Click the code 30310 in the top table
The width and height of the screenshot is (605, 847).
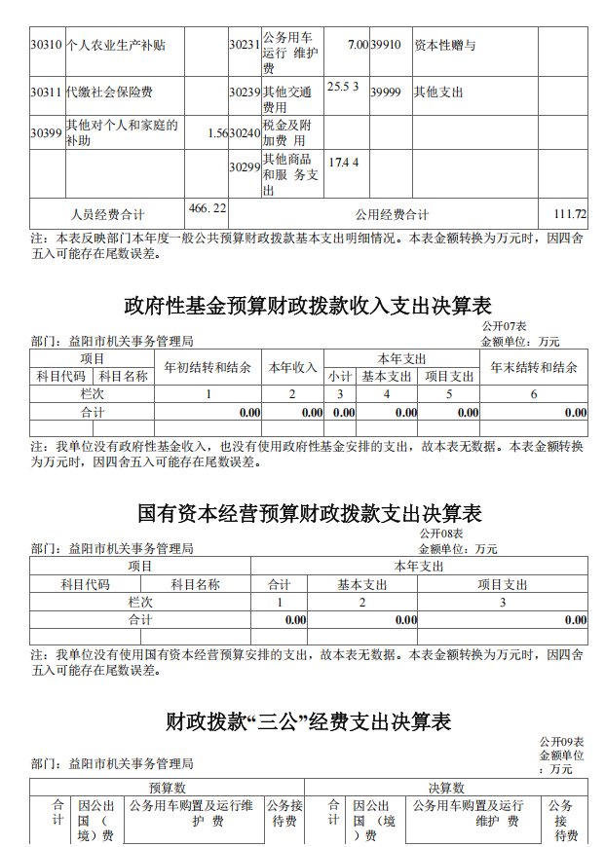pos(46,45)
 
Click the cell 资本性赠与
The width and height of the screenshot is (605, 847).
pos(444,45)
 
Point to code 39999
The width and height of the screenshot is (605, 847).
pos(386,92)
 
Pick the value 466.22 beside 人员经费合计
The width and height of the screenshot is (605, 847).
pos(207,208)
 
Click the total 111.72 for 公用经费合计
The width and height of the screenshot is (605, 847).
pos(569,214)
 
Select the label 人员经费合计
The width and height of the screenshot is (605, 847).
pos(108,214)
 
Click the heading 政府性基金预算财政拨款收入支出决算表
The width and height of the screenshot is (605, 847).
pos(308,306)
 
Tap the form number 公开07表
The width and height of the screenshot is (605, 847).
pos(505,326)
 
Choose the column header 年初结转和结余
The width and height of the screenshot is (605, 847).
pos(208,367)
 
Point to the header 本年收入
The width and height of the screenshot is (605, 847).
pos(293,367)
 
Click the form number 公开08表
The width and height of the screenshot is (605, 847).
pos(441,534)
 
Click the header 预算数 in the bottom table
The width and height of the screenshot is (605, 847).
pos(167,787)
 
